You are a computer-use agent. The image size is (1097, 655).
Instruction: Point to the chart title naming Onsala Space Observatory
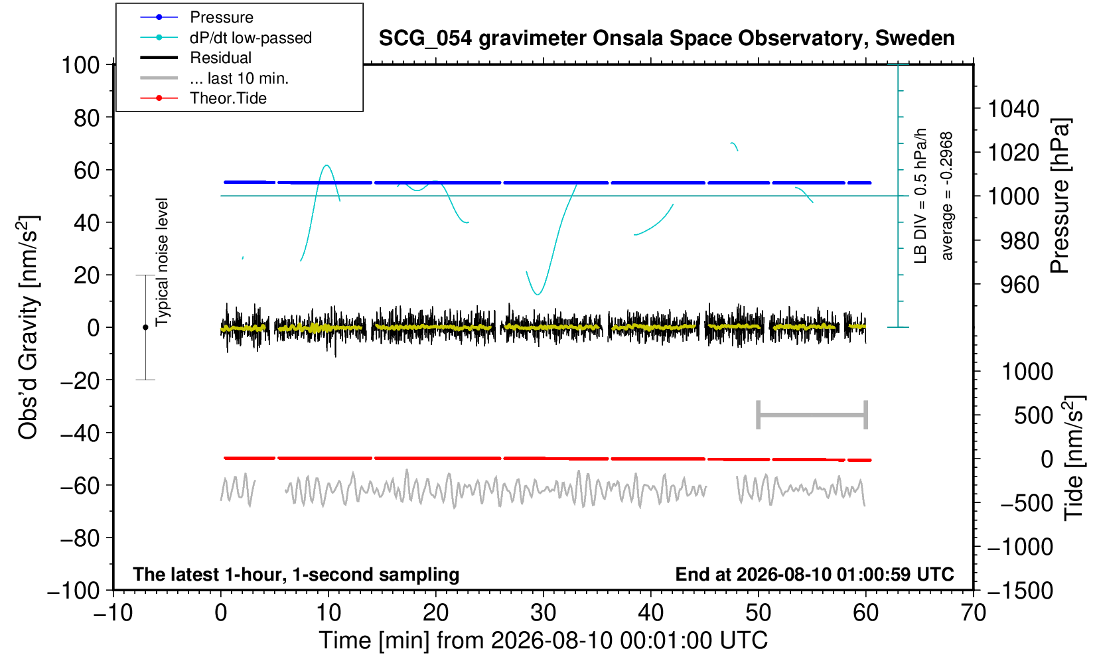click(666, 38)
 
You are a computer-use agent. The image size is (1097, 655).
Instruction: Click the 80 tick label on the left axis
click(87, 118)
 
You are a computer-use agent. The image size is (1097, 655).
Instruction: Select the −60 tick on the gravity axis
click(80, 486)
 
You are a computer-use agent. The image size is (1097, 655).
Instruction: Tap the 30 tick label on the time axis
click(543, 613)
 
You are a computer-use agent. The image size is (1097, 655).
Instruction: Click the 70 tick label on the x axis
click(973, 613)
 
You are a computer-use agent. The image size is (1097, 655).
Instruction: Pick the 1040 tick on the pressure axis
click(1013, 109)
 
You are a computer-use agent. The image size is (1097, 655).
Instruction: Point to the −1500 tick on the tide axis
click(1020, 591)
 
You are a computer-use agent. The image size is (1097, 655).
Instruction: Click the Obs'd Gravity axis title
click(28, 328)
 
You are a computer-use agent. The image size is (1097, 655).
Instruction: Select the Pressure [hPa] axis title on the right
click(1060, 196)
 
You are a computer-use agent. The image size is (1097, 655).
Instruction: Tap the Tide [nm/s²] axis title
click(1074, 459)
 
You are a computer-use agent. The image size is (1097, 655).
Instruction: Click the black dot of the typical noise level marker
click(145, 327)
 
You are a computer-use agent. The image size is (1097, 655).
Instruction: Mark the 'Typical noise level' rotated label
click(162, 263)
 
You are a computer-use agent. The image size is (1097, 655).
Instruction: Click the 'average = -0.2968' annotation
click(946, 196)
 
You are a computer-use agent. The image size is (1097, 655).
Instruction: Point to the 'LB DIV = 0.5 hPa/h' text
click(920, 196)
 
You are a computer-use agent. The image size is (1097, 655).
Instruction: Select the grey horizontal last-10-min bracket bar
click(812, 415)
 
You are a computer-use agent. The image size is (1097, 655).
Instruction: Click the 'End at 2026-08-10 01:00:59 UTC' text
click(814, 574)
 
